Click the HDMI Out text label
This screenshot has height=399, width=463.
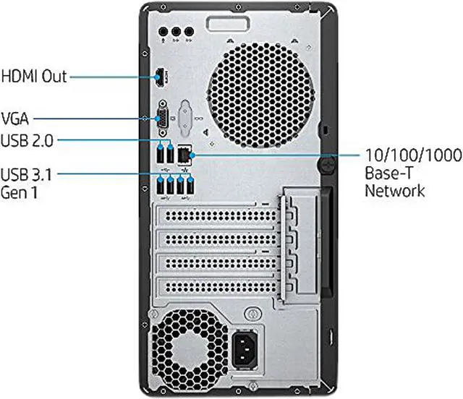[x=34, y=76]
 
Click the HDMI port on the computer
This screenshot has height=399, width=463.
[x=158, y=76]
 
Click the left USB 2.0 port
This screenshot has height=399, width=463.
[x=160, y=154]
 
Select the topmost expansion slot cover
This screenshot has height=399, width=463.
[x=217, y=218]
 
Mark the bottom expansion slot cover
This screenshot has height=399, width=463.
[x=217, y=291]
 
